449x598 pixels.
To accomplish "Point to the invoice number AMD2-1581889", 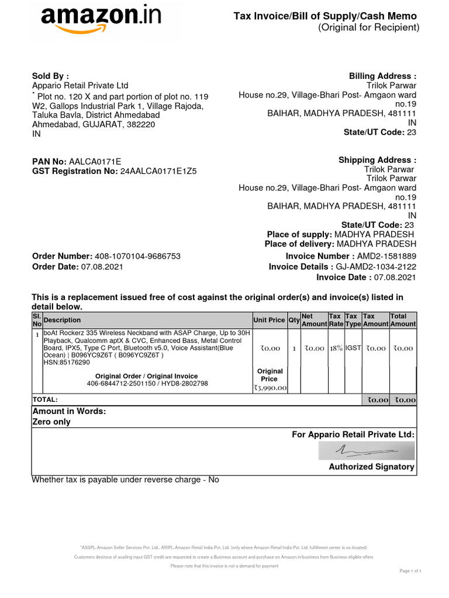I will click(x=387, y=256).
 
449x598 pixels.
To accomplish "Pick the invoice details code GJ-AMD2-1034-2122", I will click(x=376, y=267).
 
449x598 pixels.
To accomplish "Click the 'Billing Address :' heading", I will click(x=382, y=76).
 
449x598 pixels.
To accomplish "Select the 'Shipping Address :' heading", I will click(x=377, y=160).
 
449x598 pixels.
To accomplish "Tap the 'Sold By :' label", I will click(x=50, y=76).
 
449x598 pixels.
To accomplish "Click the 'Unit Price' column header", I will click(x=269, y=320).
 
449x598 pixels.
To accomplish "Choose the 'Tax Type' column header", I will click(x=353, y=319).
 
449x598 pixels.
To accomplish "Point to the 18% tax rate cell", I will click(x=336, y=348).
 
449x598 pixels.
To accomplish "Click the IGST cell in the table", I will click(x=353, y=348).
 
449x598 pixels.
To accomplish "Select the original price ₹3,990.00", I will click(x=270, y=387).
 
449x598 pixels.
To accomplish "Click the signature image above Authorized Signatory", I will click(x=367, y=450).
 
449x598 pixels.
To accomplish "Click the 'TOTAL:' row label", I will click(x=46, y=399).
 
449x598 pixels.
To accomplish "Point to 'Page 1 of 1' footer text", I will click(x=410, y=570).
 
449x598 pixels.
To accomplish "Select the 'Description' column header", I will click(x=63, y=320).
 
